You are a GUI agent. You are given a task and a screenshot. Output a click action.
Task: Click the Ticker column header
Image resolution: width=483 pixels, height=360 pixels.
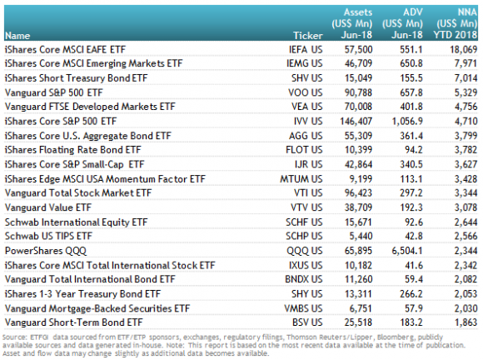pos(308,36)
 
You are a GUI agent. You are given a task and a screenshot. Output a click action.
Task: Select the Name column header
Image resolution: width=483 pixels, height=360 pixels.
pos(17,36)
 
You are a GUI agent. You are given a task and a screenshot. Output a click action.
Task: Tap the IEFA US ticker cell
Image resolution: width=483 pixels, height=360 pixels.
pos(306,49)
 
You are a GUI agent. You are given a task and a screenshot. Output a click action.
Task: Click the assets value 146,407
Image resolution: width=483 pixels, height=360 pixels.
pos(356,121)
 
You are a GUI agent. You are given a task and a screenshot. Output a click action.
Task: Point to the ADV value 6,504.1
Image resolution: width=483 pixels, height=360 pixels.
pos(407,251)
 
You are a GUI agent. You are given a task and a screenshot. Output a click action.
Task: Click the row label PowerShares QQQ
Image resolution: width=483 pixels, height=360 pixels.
pos(46,251)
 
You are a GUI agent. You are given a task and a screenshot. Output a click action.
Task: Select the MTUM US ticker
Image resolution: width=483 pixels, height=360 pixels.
pos(301,179)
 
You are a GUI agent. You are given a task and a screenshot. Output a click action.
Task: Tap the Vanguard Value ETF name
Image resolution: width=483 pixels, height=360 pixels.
pos(48,207)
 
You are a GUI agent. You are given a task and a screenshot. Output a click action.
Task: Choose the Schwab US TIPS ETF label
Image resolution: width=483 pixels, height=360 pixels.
pos(48,236)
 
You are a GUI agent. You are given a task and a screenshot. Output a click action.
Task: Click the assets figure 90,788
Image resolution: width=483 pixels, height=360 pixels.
pos(358,92)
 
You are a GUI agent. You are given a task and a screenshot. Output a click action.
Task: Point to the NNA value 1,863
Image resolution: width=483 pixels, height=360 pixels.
pos(466,322)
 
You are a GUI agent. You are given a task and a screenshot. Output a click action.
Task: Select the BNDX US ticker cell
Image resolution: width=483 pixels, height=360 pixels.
pos(304,279)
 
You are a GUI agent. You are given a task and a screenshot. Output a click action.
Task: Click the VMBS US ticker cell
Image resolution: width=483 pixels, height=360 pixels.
pos(303,308)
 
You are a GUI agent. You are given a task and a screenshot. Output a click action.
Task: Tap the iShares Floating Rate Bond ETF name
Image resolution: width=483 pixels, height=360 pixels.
pos(72,150)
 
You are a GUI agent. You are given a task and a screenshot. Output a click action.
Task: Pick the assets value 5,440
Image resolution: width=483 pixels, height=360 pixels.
pos(361,236)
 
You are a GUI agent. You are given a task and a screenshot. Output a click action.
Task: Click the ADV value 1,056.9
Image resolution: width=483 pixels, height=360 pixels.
pos(407,121)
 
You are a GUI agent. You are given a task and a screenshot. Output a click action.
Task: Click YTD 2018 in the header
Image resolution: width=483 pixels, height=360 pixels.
pos(456,35)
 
